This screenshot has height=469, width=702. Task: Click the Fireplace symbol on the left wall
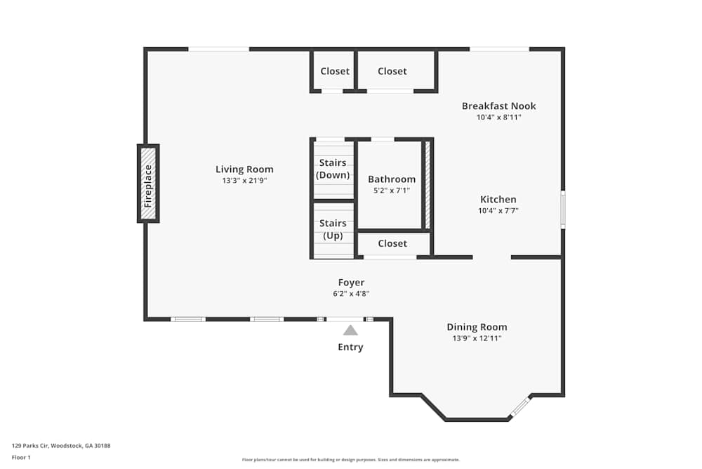148,184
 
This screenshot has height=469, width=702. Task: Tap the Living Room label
244,169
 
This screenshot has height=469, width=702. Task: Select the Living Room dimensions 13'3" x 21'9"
244,181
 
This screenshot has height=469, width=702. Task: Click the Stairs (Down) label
333,169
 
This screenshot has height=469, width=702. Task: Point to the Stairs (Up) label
333,229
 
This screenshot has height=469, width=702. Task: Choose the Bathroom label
392,179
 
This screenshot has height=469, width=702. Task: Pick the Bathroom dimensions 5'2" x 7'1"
392,191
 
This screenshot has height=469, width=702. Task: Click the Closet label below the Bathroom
392,243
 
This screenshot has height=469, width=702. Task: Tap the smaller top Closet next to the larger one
335,71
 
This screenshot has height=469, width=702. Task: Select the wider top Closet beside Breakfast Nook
392,71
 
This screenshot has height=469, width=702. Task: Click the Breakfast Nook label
498,106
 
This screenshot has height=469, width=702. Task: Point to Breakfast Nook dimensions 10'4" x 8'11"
498,117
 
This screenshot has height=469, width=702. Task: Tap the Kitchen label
498,200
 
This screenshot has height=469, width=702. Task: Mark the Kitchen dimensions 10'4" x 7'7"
498,211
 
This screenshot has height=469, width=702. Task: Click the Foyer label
351,283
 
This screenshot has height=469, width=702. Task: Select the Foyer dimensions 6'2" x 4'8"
351,294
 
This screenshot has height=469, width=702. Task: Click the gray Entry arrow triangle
350,330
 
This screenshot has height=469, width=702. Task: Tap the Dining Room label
477,327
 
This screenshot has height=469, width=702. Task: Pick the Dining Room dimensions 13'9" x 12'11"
477,338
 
